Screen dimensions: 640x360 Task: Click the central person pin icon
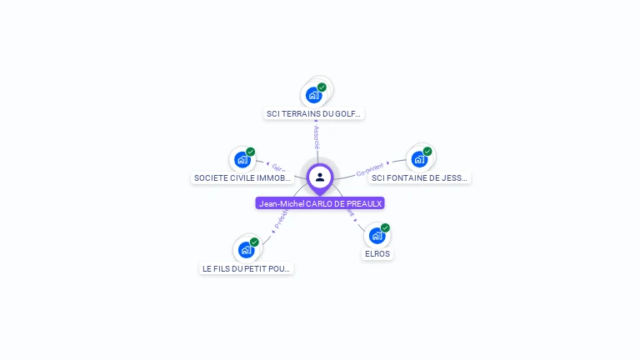tap(320, 177)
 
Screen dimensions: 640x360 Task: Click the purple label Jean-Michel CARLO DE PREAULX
tap(320, 203)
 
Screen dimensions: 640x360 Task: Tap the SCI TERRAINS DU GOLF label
tap(314, 113)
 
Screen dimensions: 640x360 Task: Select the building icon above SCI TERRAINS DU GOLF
tap(313, 95)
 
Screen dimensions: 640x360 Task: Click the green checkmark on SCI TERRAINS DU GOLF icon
tap(322, 87)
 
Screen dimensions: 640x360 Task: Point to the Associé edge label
tap(317, 137)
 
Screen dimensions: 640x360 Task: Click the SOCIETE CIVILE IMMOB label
tap(242, 177)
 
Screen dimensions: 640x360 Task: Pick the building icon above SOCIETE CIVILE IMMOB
tap(242, 160)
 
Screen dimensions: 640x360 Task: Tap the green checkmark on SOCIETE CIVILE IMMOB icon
tap(250, 152)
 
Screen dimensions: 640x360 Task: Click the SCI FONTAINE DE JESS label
tap(420, 177)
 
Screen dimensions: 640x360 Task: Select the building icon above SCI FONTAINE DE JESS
tap(419, 159)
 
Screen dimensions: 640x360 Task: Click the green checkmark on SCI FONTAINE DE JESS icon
tap(427, 152)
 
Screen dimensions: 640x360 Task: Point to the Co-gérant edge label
tap(369, 170)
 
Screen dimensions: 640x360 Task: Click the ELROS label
tap(377, 253)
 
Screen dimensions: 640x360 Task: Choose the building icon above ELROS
tap(377, 236)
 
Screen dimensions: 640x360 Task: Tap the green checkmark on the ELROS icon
tap(385, 227)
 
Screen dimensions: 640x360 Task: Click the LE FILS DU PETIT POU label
tap(247, 268)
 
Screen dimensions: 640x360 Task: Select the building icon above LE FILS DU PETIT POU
tap(246, 250)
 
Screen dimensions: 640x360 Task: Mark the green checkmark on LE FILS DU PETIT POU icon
tap(254, 242)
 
